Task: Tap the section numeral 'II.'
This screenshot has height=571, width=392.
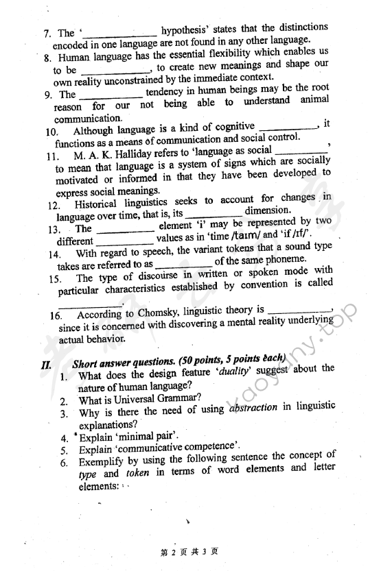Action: click(x=47, y=365)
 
